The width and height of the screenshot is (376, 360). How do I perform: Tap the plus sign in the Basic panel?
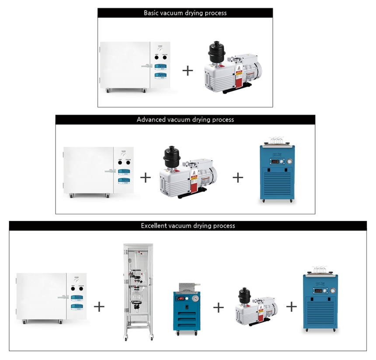187,70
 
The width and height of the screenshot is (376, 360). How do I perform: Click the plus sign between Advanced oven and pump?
145,177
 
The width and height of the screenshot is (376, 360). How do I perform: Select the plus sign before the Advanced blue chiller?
238,177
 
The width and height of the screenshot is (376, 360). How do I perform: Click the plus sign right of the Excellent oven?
100,306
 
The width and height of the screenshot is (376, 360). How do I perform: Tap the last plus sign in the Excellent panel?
292,306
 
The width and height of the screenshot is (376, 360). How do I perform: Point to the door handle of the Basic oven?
146,66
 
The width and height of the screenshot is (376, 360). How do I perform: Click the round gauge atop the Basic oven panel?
161,49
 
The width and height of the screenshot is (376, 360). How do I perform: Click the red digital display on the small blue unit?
181,299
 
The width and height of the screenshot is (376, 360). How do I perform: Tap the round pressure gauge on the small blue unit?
195,299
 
